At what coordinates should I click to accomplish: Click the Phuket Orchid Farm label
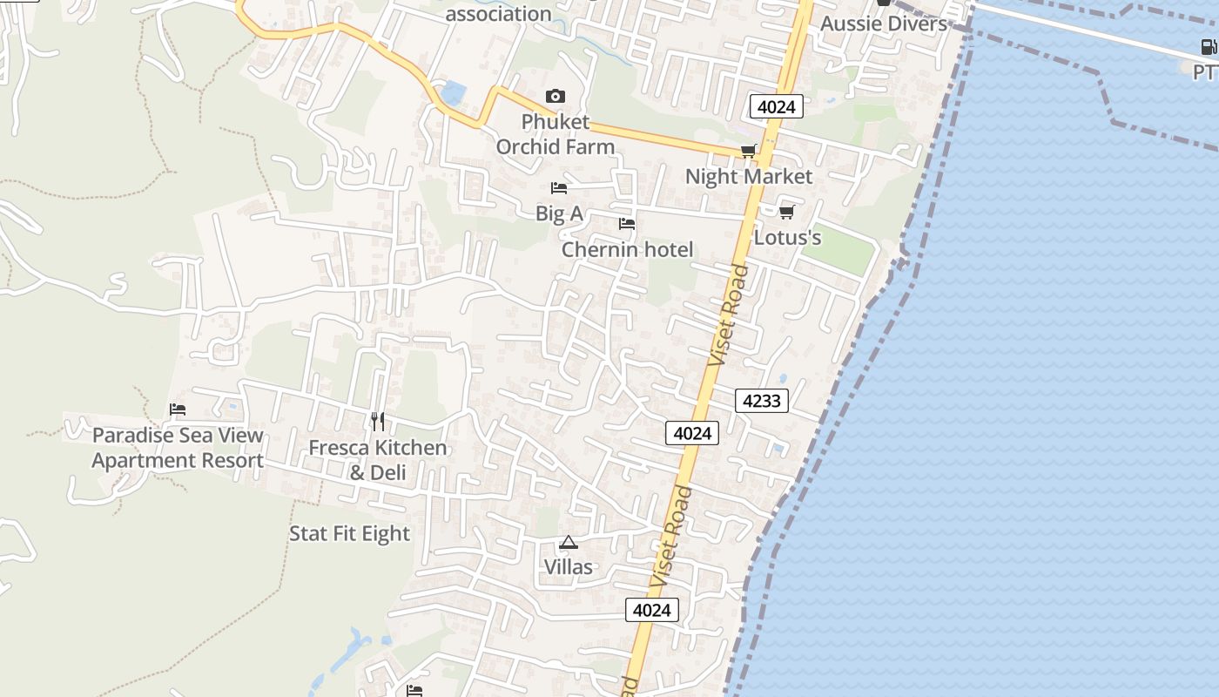(x=556, y=134)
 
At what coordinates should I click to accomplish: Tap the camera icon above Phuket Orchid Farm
(x=555, y=96)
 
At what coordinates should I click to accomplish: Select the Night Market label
(x=748, y=177)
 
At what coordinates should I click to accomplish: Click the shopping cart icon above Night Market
(x=748, y=152)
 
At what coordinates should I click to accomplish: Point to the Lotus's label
(x=787, y=237)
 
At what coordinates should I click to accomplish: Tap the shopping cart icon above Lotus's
(x=786, y=212)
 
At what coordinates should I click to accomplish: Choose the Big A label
(x=559, y=213)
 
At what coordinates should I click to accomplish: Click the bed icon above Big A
(x=559, y=188)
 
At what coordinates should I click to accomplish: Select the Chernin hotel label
(x=627, y=250)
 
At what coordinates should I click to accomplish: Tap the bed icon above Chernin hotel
(x=626, y=224)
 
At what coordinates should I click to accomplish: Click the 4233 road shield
(x=762, y=401)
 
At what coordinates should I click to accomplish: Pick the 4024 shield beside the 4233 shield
(x=692, y=432)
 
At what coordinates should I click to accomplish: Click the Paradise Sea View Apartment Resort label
(x=178, y=448)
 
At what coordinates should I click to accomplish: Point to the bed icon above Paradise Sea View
(x=178, y=409)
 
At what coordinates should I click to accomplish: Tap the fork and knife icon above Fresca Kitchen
(x=377, y=422)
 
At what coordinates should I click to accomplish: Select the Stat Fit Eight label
(x=349, y=533)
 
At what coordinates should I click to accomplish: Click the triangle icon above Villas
(x=569, y=542)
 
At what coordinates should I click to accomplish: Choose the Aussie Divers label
(x=883, y=24)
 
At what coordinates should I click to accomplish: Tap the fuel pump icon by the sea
(x=1209, y=47)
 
